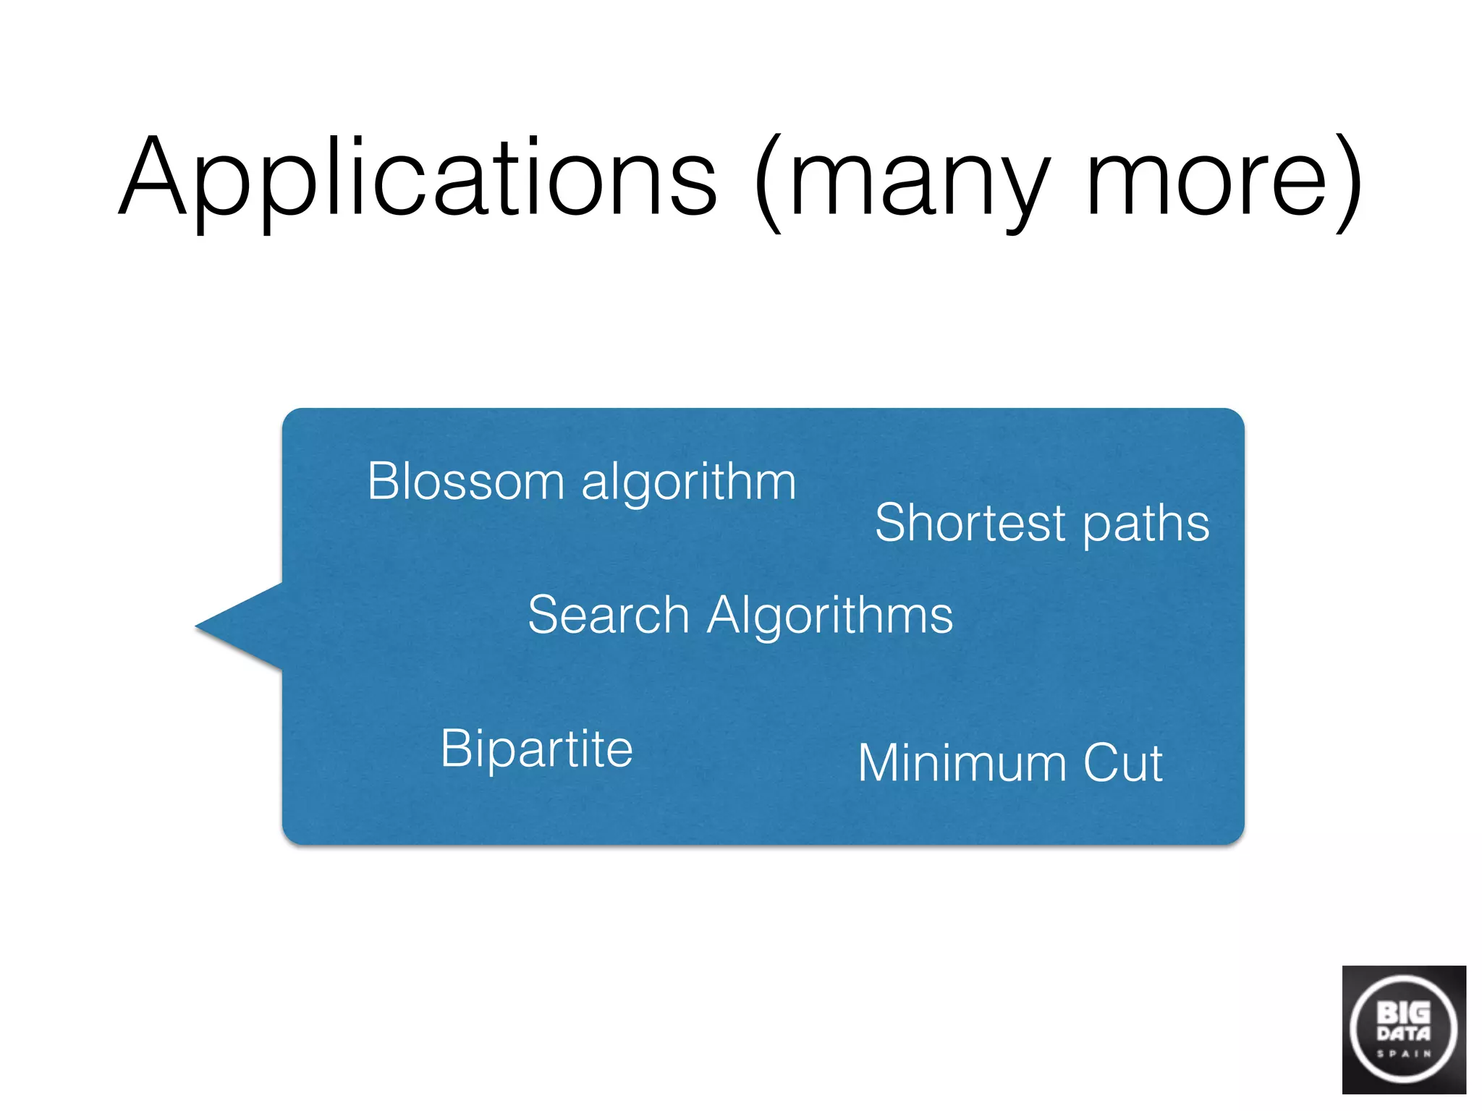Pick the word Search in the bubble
point(608,615)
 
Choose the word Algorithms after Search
point(830,616)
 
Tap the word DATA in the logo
point(1403,1033)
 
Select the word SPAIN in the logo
point(1403,1054)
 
